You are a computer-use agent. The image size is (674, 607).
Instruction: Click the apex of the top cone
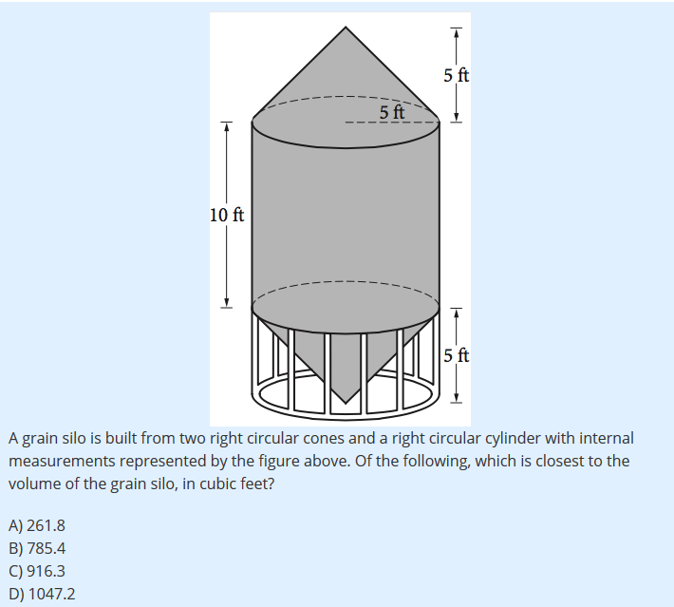[346, 28]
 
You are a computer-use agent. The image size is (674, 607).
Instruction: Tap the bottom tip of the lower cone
[346, 403]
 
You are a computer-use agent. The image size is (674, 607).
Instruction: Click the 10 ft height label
[227, 215]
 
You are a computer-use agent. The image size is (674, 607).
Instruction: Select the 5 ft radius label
[392, 112]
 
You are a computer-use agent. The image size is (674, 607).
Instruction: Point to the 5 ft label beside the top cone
[457, 75]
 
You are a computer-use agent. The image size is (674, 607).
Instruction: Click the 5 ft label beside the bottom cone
[457, 356]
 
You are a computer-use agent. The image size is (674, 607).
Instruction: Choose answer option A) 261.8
[37, 525]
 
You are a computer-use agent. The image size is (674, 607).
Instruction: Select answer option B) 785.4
[37, 548]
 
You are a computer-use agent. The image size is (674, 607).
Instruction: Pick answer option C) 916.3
[37, 571]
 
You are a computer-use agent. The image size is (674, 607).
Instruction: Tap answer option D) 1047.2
[42, 594]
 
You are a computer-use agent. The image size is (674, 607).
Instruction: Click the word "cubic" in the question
[210, 484]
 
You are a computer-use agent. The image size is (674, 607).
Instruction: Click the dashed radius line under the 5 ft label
[392, 123]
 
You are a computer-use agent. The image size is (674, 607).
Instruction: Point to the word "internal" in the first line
[607, 438]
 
